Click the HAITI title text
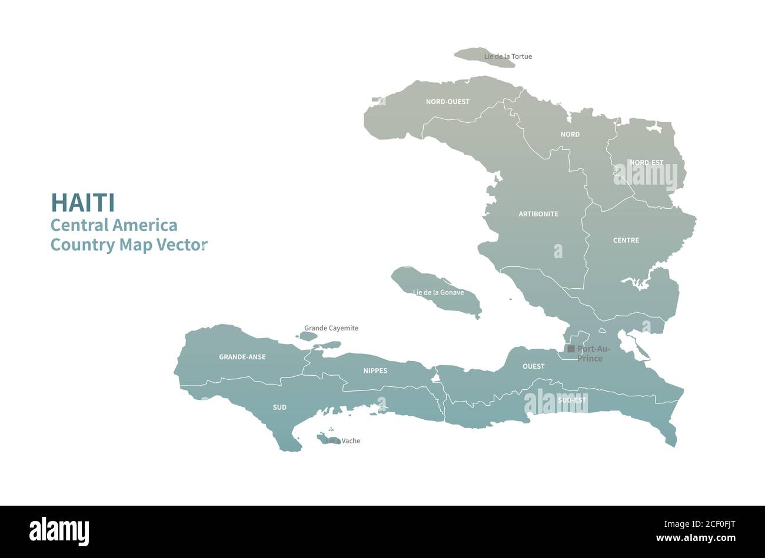[x=83, y=202]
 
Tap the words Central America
[x=114, y=225]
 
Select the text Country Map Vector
[x=129, y=245]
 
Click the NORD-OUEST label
[x=448, y=102]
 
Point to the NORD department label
[x=570, y=135]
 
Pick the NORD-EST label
[x=646, y=162]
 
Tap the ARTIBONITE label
[x=538, y=214]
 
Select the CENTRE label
[x=626, y=240]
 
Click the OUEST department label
[x=534, y=366]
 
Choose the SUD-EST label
[x=572, y=400]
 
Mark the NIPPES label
[x=375, y=371]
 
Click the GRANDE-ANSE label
[x=242, y=357]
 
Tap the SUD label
[x=280, y=407]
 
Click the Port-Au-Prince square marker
[x=571, y=349]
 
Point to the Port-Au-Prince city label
[x=590, y=353]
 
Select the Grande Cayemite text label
[x=331, y=328]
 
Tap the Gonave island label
[x=438, y=292]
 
